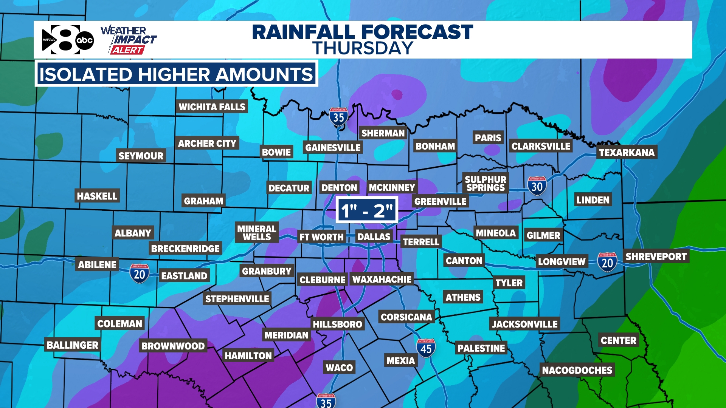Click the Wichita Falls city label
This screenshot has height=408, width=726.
coord(212,107)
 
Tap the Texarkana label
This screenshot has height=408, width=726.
coord(627,152)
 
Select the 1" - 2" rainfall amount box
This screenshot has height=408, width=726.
coord(366,210)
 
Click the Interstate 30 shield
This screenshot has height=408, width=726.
coord(537,186)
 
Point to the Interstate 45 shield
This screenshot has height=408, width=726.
coord(426,348)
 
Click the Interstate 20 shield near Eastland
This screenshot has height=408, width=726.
coord(139,274)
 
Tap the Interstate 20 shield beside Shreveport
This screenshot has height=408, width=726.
coord(607,262)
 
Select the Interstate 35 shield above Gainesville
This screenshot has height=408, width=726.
coord(338,117)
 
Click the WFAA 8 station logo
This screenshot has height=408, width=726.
coord(60,40)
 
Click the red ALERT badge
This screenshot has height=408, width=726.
coord(127,50)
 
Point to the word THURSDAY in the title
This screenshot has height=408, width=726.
coord(362,48)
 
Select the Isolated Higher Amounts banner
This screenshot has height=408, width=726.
coord(176,74)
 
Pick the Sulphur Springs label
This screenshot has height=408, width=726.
coord(485,184)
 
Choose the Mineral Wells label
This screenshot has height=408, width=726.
coord(257,233)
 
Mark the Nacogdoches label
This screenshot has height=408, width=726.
coord(577,370)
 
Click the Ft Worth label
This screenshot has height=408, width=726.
coord(321,237)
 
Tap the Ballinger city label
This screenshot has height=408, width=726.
coord(72,345)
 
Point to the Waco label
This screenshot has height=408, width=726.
coord(339,368)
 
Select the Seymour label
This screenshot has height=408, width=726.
coord(141,156)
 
